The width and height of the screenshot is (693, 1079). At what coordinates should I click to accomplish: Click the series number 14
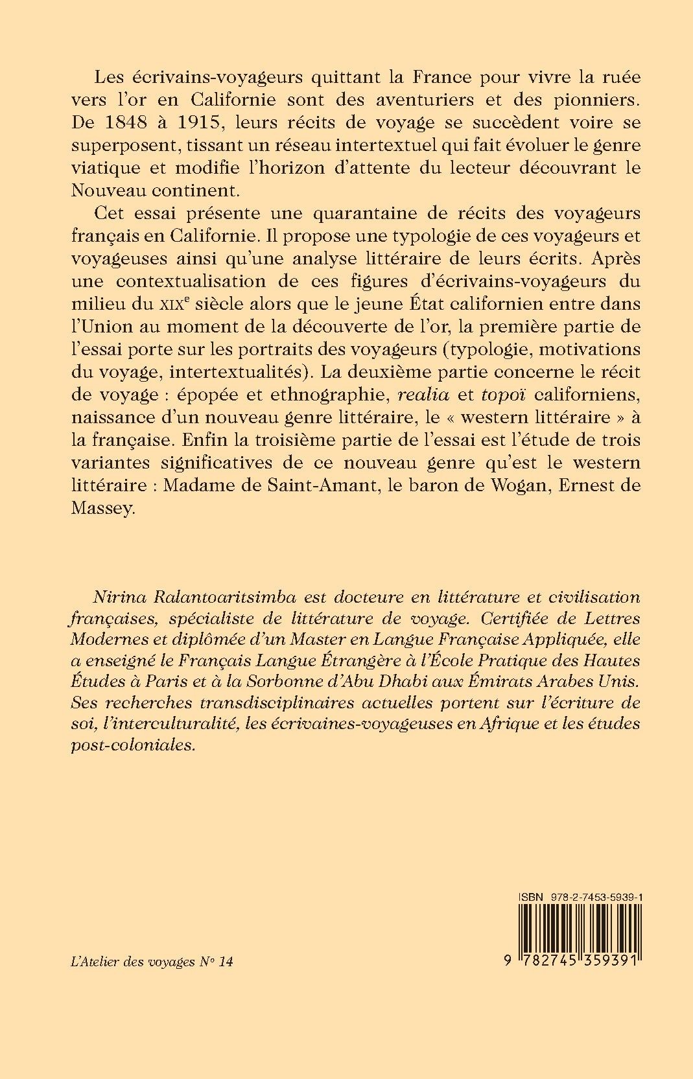coord(226,962)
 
